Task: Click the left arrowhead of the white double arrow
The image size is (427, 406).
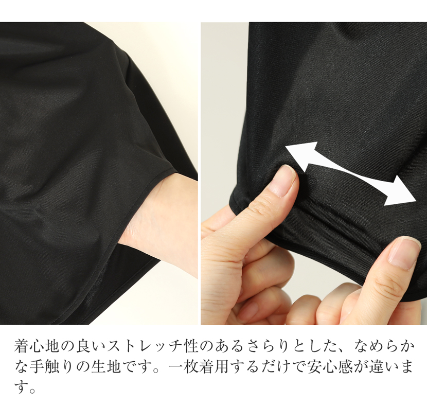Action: coord(296,153)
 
